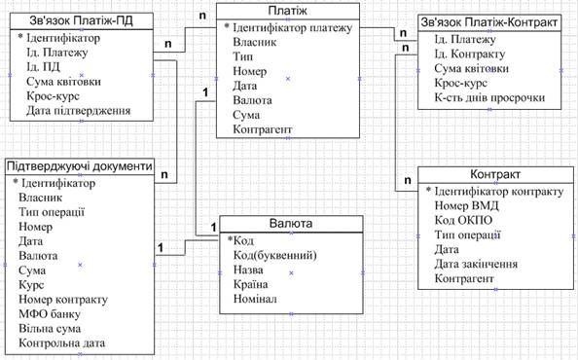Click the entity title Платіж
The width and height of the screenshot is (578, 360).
[287, 11]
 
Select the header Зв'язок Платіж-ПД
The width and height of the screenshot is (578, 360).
[81, 21]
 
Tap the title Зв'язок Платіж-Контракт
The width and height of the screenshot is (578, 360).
[489, 22]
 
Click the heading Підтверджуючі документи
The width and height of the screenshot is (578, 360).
[80, 166]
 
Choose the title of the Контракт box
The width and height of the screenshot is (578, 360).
[495, 174]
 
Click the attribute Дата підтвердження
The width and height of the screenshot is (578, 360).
[78, 111]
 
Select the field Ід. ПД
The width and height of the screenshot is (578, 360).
[43, 67]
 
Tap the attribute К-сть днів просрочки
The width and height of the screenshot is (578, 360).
[489, 97]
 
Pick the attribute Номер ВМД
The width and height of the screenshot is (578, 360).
[466, 205]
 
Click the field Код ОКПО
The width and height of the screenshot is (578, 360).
[463, 220]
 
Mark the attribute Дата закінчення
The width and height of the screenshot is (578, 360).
[476, 264]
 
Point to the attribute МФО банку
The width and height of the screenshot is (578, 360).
[50, 314]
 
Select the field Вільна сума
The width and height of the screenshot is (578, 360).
[50, 328]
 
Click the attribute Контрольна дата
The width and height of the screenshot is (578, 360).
[61, 343]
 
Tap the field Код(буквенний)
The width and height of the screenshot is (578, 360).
[275, 255]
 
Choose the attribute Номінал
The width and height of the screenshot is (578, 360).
[255, 299]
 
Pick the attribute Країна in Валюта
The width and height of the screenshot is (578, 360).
[250, 284]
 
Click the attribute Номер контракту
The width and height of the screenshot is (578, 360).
[63, 300]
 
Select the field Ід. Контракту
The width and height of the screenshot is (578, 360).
[470, 54]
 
